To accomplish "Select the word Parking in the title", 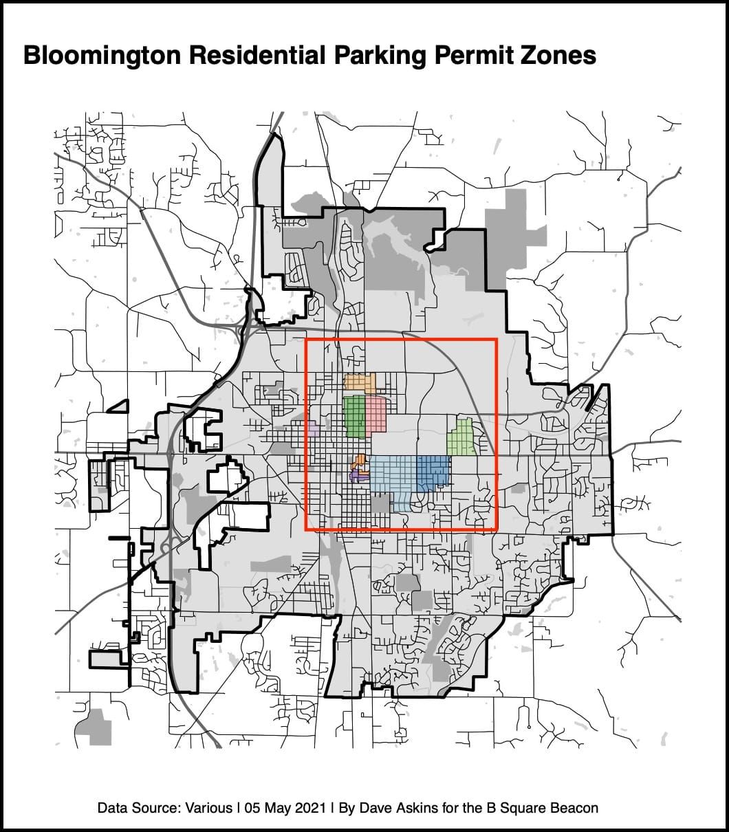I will [x=373, y=56].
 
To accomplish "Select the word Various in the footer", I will [x=208, y=807].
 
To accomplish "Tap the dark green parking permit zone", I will [x=354, y=417].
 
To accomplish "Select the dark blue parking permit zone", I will [x=432, y=472].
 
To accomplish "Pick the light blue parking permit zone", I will [x=393, y=474].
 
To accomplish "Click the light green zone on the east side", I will [x=461, y=439].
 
